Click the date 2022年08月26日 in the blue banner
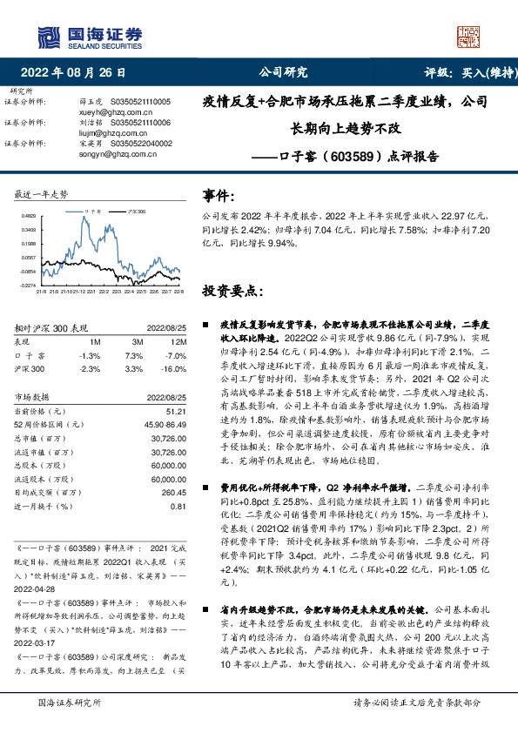click(79, 72)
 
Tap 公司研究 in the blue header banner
click(283, 72)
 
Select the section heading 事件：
click(220, 196)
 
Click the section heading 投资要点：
click(232, 290)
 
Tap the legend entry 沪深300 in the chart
click(133, 211)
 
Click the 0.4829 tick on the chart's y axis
click(29, 215)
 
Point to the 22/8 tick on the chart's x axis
click(178, 292)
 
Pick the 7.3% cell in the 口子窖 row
click(134, 356)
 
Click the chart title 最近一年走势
click(41, 192)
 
